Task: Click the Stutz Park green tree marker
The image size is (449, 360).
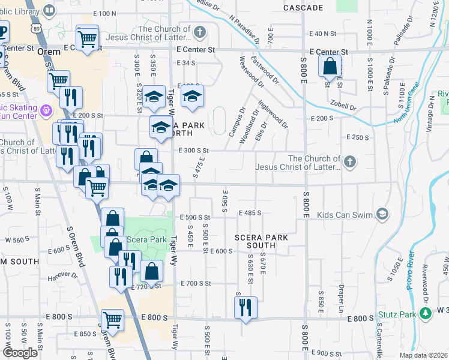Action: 426,314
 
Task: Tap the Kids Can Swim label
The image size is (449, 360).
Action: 342,214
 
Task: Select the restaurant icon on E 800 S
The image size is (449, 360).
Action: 246,308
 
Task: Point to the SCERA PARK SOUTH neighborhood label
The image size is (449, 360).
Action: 261,242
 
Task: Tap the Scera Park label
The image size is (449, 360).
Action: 146,240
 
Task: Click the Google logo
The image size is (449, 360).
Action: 20,352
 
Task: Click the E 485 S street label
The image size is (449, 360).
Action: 252,213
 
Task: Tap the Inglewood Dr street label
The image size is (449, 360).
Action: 274,113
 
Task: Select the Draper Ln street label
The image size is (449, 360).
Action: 340,300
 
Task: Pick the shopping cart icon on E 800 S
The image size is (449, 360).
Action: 112,320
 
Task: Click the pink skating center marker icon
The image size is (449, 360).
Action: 47,110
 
